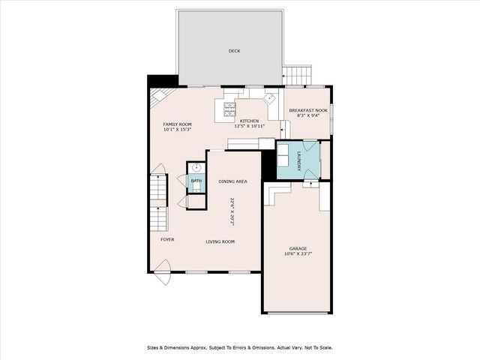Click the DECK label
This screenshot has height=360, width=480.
point(233,51)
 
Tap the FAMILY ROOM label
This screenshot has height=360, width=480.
point(178,124)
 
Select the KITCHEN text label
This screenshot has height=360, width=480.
point(249,121)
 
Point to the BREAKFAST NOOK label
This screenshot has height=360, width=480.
point(308,110)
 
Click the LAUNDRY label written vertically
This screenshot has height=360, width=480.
point(299,160)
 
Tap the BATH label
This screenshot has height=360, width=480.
point(196,181)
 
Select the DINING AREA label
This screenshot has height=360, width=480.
point(232,181)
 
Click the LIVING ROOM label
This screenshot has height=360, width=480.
point(221,241)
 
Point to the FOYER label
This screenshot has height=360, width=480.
point(167,239)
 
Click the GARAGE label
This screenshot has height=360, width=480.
point(298,248)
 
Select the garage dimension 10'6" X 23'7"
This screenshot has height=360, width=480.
point(298,254)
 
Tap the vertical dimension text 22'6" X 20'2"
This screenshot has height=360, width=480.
point(232,211)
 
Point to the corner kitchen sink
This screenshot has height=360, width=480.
point(269,97)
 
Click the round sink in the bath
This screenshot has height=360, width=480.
point(196,168)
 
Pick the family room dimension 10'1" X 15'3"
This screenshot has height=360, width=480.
point(178,130)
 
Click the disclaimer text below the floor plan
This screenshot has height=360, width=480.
point(238,347)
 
